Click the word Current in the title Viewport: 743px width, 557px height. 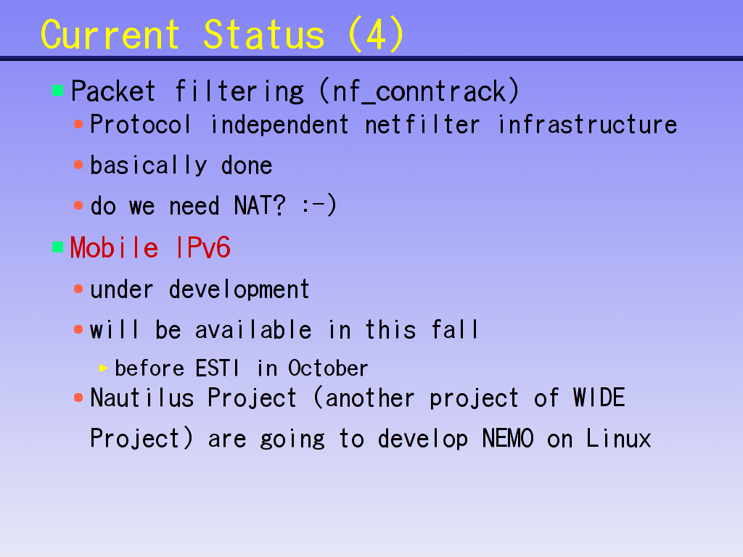tap(110, 35)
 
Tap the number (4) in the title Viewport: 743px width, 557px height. tap(376, 34)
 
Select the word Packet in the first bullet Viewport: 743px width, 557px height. tap(113, 91)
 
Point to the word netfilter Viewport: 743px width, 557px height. tap(422, 125)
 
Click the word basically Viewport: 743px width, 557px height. tap(148, 165)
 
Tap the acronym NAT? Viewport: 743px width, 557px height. tap(260, 205)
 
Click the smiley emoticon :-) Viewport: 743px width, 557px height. tap(319, 205)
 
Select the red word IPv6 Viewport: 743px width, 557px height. tap(203, 247)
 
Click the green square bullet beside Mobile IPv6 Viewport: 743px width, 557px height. tap(57, 247)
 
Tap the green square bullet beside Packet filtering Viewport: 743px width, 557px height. tap(57, 90)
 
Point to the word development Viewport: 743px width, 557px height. tap(239, 289)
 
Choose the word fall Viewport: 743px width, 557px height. tap(454, 329)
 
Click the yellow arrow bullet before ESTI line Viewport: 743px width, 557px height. tap(103, 368)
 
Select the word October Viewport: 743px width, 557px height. tap(328, 368)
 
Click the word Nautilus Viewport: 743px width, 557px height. tap(142, 398)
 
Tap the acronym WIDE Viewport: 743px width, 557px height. tap(599, 397)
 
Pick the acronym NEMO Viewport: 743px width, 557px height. tap(508, 438)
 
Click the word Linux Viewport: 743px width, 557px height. tap(618, 438)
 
